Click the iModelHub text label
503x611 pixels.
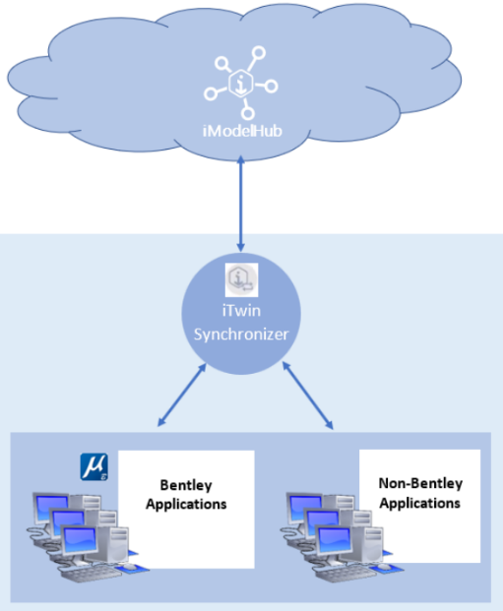pos(242,131)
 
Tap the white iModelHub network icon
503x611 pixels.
pos(241,83)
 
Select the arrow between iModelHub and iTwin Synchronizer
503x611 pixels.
pos(241,204)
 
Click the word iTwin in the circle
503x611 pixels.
pos(241,311)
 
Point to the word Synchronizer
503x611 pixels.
pos(241,335)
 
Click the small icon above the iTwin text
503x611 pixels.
pos(242,279)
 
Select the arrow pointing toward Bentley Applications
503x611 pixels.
pos(182,395)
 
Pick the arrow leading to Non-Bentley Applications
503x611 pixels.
pos(308,396)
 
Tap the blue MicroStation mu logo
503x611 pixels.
pos(94,466)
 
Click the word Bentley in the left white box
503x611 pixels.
pos(186,485)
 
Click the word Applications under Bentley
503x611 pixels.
pos(186,504)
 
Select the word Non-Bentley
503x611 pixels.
pos(420,483)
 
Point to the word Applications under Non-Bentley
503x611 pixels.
pos(420,503)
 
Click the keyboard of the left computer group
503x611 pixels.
pos(91,574)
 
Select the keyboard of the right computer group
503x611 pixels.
pos(345,573)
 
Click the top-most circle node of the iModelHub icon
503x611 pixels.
pos(259,53)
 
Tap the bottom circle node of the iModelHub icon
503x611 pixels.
pos(248,113)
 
